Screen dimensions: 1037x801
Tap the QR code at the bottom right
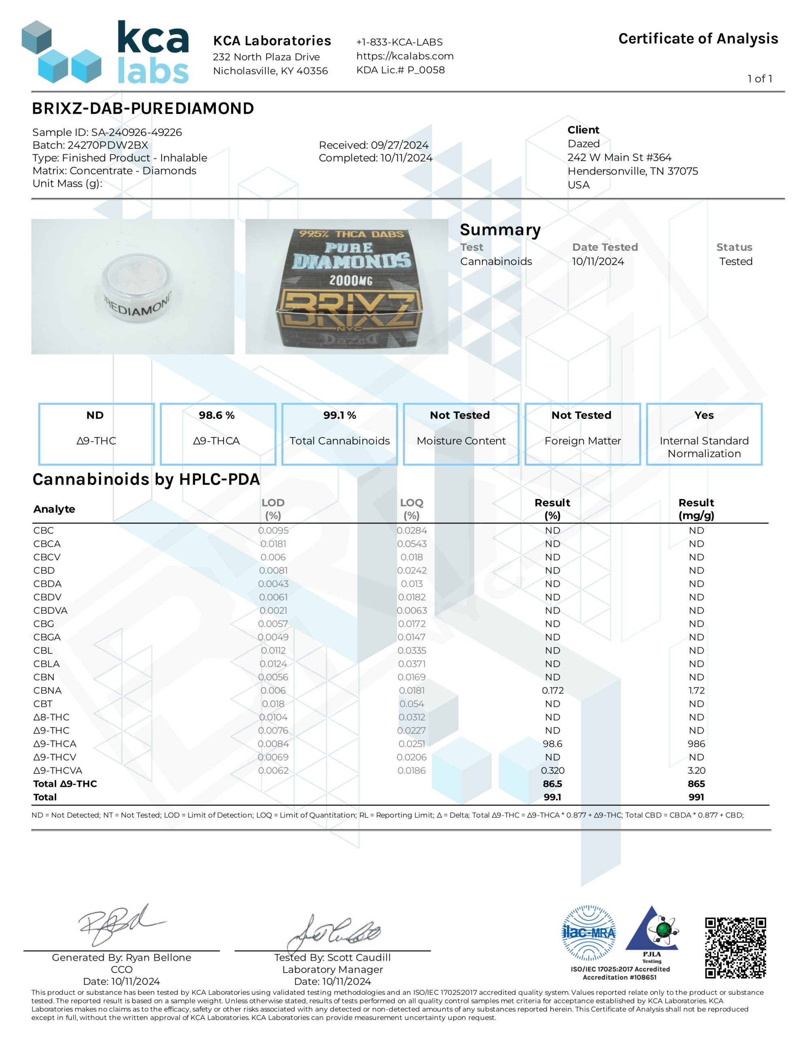[735, 947]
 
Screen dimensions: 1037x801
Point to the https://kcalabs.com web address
[405, 56]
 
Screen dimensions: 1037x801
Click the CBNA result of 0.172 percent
[552, 690]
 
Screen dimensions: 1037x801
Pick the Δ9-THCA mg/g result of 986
[696, 744]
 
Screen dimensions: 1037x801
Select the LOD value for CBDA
[273, 584]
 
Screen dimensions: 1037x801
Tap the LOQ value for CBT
[411, 704]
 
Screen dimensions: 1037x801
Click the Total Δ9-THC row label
[65, 783]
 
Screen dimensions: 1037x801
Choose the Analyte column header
[54, 509]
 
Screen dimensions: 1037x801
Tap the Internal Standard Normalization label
[704, 447]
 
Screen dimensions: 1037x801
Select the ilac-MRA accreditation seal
[588, 932]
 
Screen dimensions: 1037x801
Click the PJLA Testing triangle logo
[652, 932]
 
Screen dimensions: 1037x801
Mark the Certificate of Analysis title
[698, 38]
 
